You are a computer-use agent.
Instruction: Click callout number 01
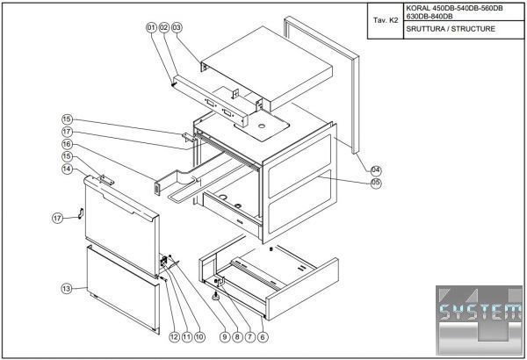tap(151, 28)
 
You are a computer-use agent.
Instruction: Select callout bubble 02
tap(163, 28)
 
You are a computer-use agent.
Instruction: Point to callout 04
tap(375, 169)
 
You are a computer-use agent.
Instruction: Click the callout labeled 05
tap(375, 183)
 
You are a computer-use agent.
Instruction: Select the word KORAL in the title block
tap(416, 8)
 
